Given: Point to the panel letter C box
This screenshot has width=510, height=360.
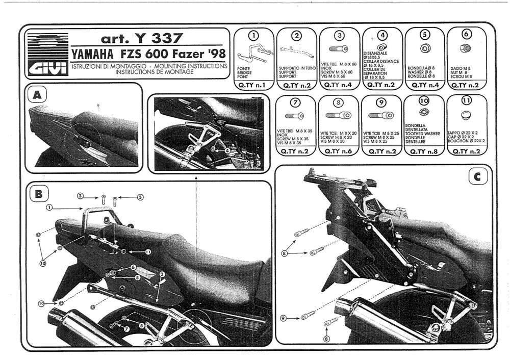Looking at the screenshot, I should click(477, 177).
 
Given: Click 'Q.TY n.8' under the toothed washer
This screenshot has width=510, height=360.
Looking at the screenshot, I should click(424, 151).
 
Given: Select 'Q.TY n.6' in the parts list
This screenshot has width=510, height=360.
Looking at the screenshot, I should click(338, 151).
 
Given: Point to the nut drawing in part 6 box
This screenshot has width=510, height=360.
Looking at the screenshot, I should click(466, 48).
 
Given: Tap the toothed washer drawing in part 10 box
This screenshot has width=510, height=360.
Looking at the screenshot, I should click(423, 112).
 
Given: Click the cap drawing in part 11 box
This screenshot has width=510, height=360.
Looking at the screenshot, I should click(466, 116).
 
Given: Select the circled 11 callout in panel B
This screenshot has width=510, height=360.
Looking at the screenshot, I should click(148, 252).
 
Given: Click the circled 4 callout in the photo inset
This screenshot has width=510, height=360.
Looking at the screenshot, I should click(227, 150).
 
